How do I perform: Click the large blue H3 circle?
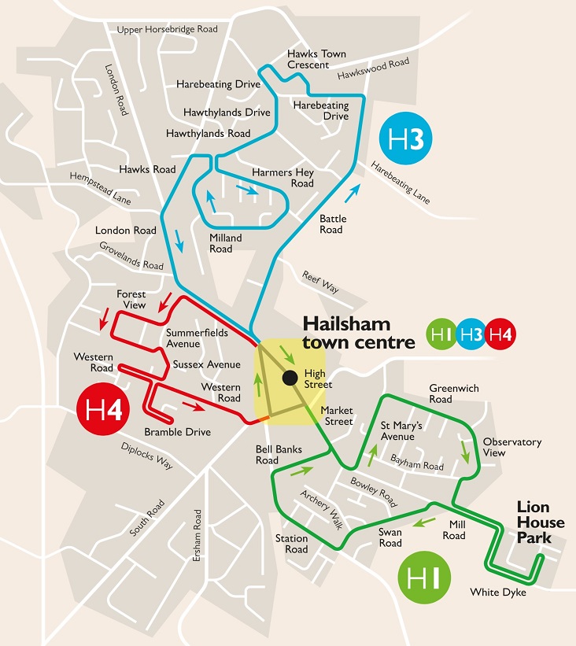coord(406,140)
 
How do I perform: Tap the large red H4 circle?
coord(104,410)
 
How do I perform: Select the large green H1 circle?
coord(425,579)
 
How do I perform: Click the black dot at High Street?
coord(290,377)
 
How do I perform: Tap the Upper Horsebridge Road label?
coord(167,30)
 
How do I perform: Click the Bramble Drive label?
coord(177,432)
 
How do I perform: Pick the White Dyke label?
coord(497,592)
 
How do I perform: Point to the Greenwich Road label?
coord(452,393)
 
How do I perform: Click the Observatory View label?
coord(512,447)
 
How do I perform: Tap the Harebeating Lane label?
coord(401,183)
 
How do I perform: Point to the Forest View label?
coord(131,299)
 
